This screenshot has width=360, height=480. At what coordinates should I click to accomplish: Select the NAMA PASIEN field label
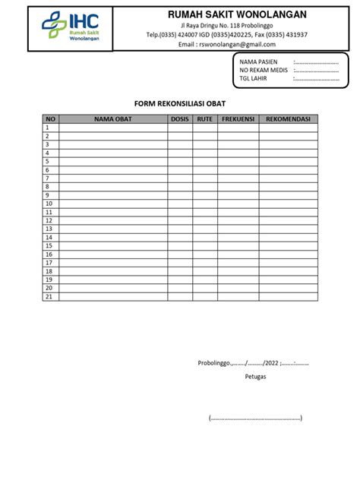click(259, 62)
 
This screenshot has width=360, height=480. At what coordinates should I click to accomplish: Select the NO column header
click(51, 118)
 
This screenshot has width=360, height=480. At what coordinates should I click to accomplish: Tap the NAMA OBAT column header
click(113, 118)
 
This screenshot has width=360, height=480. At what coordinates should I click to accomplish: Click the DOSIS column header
click(180, 118)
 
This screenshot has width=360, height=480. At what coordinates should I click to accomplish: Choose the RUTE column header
click(204, 118)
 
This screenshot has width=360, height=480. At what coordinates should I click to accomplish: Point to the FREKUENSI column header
click(238, 118)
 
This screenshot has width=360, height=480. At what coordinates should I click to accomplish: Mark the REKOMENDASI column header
click(288, 118)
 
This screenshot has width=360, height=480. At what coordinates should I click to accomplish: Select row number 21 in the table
click(49, 296)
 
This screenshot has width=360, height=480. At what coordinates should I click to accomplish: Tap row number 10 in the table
click(49, 204)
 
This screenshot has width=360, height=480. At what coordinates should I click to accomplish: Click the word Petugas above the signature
click(255, 375)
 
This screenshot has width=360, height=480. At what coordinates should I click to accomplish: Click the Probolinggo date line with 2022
click(253, 362)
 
